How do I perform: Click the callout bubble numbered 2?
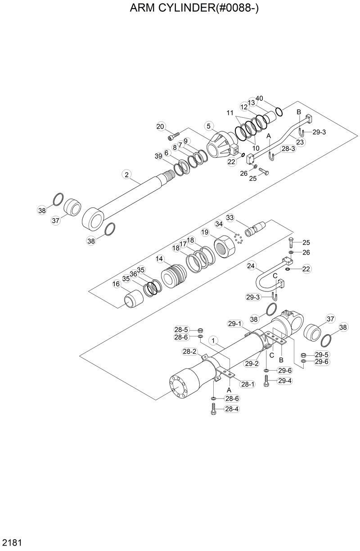click(127, 174)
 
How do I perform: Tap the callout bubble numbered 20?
click(161, 126)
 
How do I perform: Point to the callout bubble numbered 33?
click(230, 218)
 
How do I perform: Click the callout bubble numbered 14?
click(160, 259)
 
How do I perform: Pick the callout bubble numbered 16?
click(116, 284)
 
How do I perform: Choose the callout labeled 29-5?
click(321, 354)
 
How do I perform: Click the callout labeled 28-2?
click(189, 351)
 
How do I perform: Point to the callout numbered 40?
click(259, 98)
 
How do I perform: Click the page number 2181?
click(12, 541)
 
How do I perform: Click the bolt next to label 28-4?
click(214, 409)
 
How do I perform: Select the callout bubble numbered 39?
click(158, 156)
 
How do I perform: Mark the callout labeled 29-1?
click(235, 323)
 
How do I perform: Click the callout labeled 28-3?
click(288, 148)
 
